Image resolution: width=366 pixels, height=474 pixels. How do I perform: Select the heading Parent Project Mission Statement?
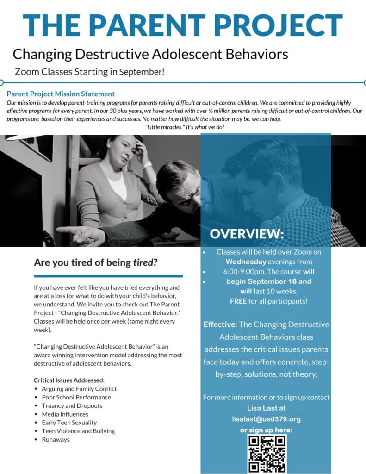[x=61, y=94]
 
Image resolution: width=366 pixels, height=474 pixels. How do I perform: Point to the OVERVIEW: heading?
[x=247, y=234]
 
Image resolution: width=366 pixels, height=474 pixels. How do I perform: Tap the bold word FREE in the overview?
[x=239, y=301]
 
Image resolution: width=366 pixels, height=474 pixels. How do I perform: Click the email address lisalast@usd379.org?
[x=266, y=419]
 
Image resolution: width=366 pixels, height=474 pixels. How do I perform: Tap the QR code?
[x=267, y=453]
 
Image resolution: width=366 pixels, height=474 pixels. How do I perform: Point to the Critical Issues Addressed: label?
[x=69, y=380]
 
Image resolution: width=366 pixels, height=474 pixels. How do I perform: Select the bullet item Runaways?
[x=56, y=439]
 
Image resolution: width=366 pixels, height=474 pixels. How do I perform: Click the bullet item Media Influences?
[x=65, y=414]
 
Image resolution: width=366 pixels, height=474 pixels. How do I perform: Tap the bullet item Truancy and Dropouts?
[x=72, y=405]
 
